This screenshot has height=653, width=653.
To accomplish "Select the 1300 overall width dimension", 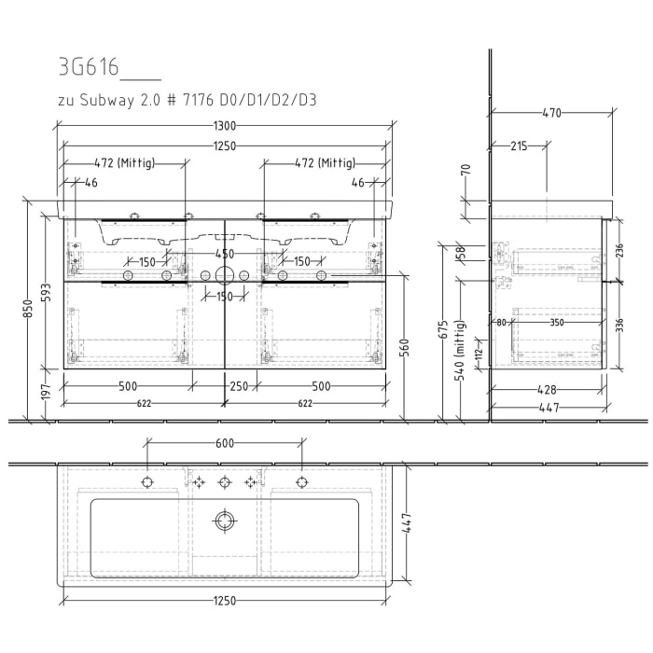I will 224,126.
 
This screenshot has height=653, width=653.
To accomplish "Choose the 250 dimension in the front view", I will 237,386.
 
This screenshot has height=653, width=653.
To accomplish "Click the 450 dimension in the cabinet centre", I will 224,254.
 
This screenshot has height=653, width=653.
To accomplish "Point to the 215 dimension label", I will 520,146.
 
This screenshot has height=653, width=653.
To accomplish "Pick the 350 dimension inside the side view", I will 557,323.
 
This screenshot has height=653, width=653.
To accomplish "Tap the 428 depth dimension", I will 548,390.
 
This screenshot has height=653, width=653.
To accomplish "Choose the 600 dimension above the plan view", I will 224,444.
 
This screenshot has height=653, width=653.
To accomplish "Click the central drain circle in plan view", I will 224,520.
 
